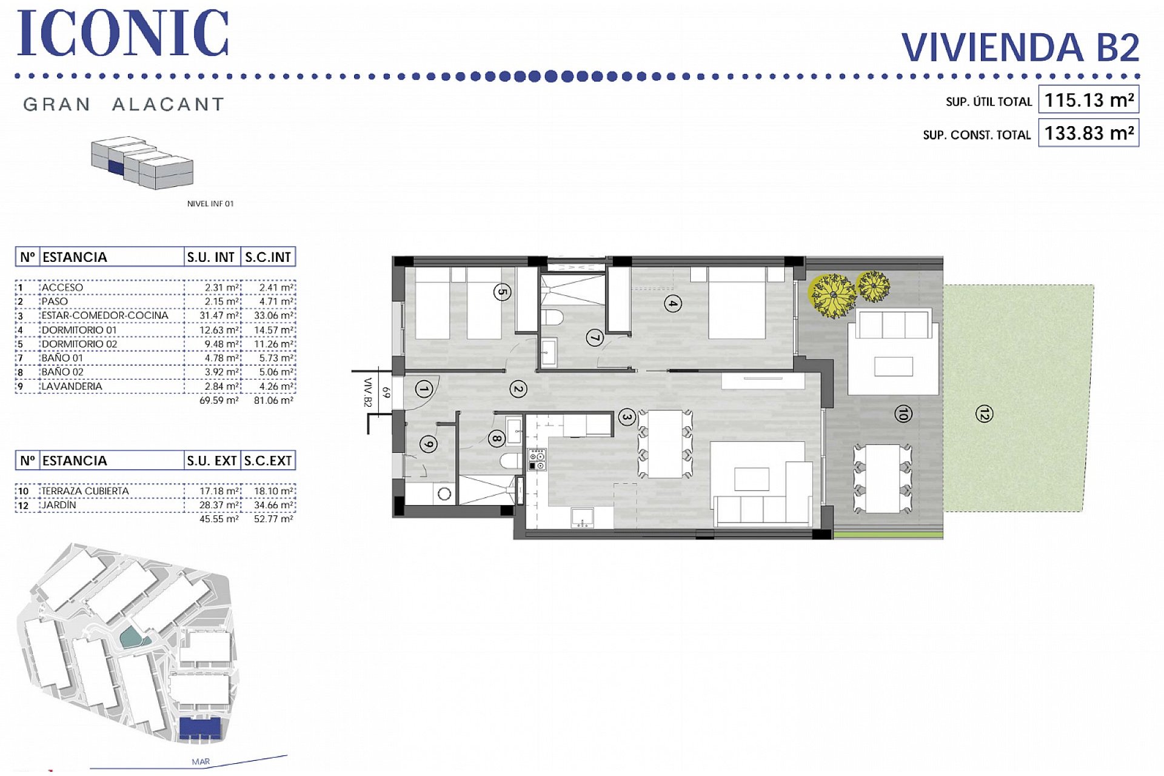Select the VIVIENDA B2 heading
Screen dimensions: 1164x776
1020,47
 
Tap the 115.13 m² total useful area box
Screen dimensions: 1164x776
1089,100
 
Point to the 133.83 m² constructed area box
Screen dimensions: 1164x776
1089,133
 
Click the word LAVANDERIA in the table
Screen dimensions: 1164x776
72,386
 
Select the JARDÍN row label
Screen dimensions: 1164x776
59,504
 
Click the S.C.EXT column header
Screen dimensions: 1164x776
268,461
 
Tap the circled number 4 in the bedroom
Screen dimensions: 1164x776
672,303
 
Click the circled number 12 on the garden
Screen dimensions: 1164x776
984,414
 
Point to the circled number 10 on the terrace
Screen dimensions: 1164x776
903,414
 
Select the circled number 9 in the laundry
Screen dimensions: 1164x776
429,444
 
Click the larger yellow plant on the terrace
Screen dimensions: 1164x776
832,295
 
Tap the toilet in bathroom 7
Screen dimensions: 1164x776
552,317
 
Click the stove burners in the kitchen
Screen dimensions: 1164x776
537,460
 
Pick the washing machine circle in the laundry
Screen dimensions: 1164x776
444,494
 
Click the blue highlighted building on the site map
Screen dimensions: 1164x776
200,727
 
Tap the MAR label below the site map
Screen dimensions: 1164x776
201,761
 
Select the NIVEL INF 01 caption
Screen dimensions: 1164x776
210,204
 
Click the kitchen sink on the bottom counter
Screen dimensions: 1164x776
583,517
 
